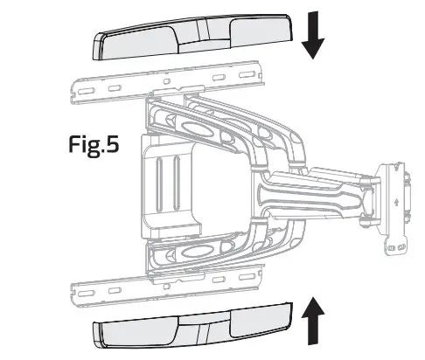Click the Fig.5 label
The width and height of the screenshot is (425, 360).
coord(95,145)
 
